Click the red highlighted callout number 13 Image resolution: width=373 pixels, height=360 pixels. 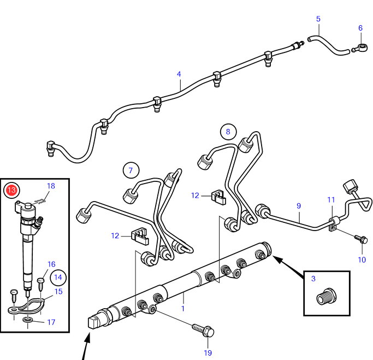point(11,191)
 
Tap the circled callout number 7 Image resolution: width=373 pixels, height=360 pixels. point(131,170)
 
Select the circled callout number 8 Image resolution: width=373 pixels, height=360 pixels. point(228,131)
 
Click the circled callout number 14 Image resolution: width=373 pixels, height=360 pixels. point(58,277)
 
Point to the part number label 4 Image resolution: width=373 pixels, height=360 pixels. point(179,74)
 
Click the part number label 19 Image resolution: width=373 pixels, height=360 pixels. point(208,353)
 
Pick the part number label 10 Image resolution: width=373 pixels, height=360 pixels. point(362,259)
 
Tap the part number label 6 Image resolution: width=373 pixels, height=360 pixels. point(360,28)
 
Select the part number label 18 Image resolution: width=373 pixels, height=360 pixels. point(51,186)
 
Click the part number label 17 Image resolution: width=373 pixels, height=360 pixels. point(51,322)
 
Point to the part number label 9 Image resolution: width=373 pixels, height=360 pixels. point(299,206)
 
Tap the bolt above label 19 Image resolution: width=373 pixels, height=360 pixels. point(203,330)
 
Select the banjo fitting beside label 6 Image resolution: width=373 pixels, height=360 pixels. point(360,47)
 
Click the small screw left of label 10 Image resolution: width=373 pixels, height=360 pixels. point(360,239)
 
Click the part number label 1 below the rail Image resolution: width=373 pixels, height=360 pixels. point(183,309)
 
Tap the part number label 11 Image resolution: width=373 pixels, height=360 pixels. point(331,200)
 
